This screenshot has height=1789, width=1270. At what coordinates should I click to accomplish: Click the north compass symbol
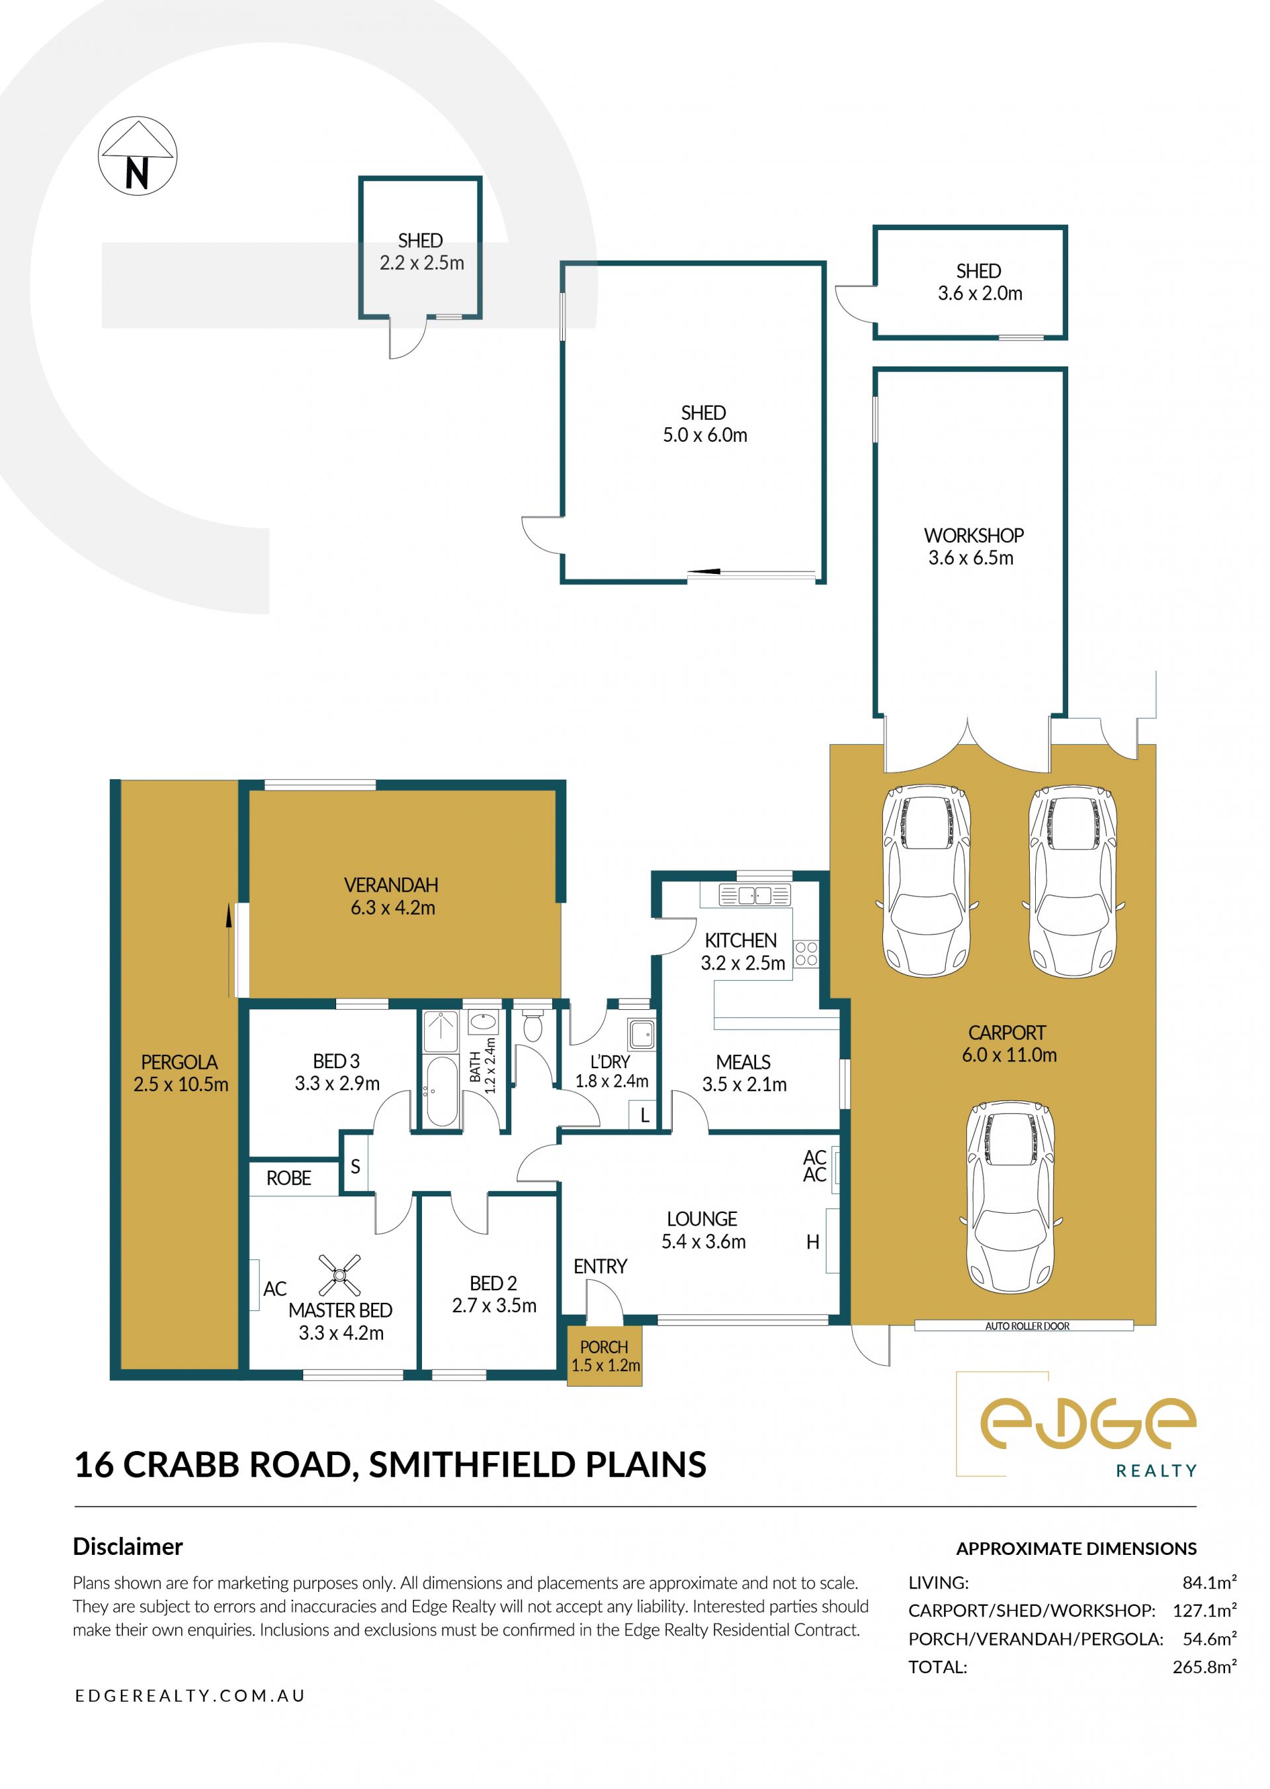pyautogui.click(x=138, y=156)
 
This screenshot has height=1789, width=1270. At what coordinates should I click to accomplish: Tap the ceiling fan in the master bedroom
pyautogui.click(x=339, y=1275)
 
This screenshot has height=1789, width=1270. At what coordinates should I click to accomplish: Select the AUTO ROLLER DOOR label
pyautogui.click(x=1027, y=1326)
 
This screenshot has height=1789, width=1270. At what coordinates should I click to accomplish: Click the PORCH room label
pyautogui.click(x=604, y=1347)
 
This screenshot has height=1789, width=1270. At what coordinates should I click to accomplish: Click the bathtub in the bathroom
pyautogui.click(x=443, y=1091)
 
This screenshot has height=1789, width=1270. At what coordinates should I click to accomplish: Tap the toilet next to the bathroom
pyautogui.click(x=532, y=1025)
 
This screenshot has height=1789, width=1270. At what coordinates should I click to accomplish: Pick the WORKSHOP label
pyautogui.click(x=974, y=536)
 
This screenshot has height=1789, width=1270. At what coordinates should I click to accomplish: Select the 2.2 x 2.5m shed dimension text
pyautogui.click(x=421, y=263)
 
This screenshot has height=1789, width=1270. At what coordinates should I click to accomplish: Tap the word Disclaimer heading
pyautogui.click(x=128, y=1547)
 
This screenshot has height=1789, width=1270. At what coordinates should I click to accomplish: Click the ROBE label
pyautogui.click(x=288, y=1179)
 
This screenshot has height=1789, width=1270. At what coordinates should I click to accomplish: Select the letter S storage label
pyautogui.click(x=355, y=1167)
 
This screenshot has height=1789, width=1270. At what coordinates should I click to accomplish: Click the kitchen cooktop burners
pyautogui.click(x=806, y=954)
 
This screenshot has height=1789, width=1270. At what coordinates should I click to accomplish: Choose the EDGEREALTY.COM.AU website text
pyautogui.click(x=190, y=1696)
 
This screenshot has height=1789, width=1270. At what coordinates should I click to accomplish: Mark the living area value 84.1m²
pyautogui.click(x=1209, y=1583)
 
